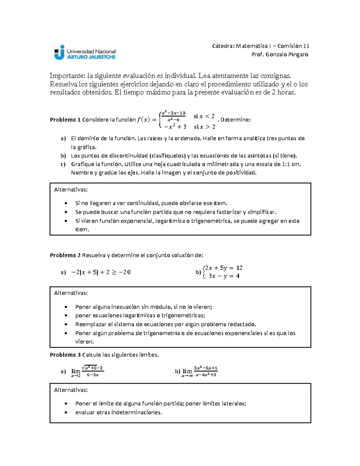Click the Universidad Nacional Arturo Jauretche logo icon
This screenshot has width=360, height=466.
click(x=59, y=52)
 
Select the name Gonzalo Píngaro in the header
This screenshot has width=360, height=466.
click(x=287, y=55)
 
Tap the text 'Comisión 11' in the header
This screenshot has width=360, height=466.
click(x=293, y=46)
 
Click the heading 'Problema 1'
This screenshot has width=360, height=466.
click(x=65, y=120)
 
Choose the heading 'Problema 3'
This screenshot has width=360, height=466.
click(x=65, y=355)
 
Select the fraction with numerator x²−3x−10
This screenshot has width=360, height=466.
click(x=173, y=116)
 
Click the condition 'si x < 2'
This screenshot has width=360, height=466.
click(x=204, y=116)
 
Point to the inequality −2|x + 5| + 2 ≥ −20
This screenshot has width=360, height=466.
click(x=100, y=272)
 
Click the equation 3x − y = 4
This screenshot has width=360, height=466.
click(x=224, y=276)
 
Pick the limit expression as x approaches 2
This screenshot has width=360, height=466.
click(x=87, y=371)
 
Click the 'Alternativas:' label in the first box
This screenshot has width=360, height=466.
click(x=71, y=190)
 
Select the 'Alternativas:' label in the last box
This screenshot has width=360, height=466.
click(x=71, y=390)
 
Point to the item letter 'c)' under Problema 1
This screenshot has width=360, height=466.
click(x=63, y=164)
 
